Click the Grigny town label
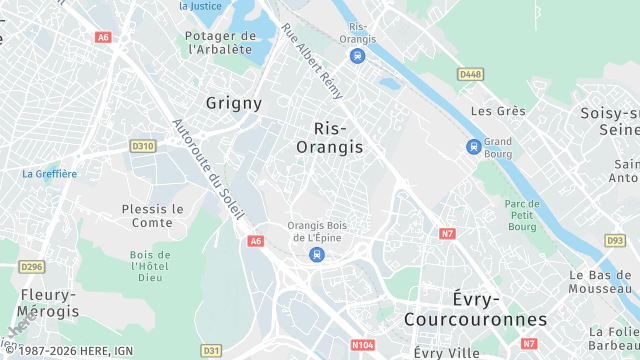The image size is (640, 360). [234, 103]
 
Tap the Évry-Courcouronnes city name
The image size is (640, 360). [475, 309]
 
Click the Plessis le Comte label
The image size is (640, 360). [153, 215]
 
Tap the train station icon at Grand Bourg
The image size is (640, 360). [473, 147]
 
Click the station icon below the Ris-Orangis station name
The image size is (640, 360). [357, 55]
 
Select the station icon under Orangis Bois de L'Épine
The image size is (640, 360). [316, 254]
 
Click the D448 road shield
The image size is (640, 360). [470, 74]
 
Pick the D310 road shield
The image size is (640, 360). [143, 146]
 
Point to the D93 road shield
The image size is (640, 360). [615, 241]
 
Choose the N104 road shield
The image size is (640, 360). [363, 345]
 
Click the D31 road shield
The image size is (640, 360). [211, 351]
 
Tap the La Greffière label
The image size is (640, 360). [49, 173]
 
